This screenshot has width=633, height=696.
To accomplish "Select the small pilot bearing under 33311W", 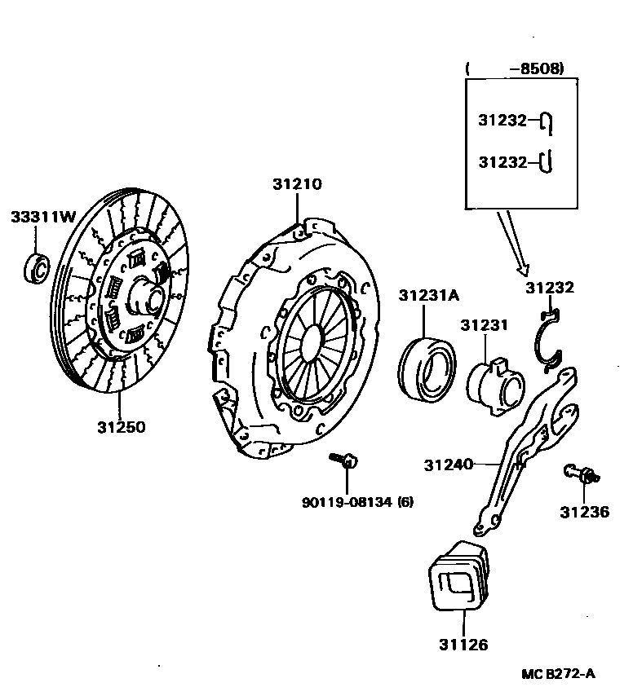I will pyautogui.click(x=37, y=268).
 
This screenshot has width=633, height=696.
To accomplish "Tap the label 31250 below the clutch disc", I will pyautogui.click(x=122, y=426).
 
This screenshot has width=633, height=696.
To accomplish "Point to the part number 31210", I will pyautogui.click(x=297, y=184).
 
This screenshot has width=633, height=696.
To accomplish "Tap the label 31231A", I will pyautogui.click(x=429, y=295).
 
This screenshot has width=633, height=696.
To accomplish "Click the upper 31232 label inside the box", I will pyautogui.click(x=503, y=120).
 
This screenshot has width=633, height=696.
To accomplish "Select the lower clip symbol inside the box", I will pyautogui.click(x=549, y=162).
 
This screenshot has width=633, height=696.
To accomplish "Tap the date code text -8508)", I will pyautogui.click(x=536, y=69).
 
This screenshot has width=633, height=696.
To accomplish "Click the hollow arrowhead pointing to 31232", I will pyautogui.click(x=522, y=268).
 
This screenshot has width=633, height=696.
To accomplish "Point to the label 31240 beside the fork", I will pyautogui.click(x=448, y=465).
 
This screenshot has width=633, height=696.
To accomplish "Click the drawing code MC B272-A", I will pyautogui.click(x=559, y=673).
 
